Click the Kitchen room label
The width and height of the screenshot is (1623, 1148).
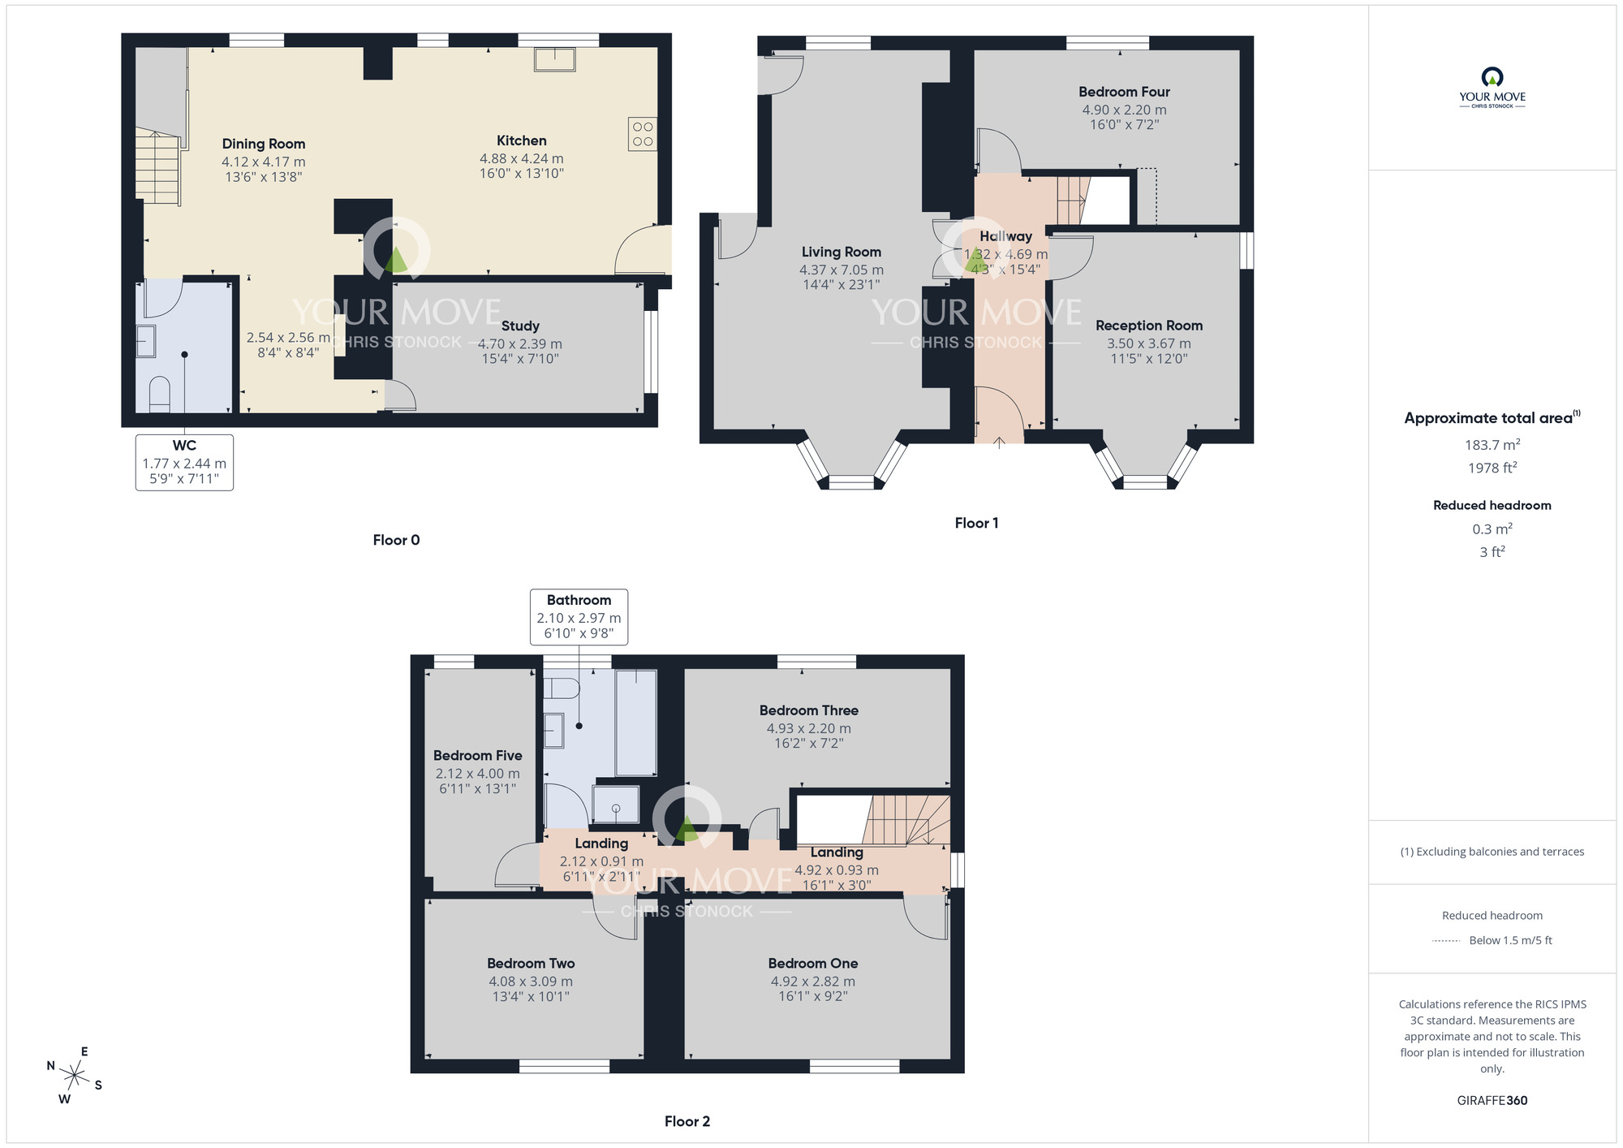point(521,140)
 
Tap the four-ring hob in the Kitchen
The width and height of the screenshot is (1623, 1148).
point(642,134)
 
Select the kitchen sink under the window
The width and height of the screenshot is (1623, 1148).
point(554,59)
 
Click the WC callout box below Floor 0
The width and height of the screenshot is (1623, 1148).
point(184,462)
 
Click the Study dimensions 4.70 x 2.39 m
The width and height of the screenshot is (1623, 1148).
point(519,343)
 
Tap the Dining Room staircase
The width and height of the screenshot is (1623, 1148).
point(157,169)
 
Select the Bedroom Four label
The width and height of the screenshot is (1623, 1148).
point(1124,92)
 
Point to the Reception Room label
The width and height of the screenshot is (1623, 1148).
point(1148,325)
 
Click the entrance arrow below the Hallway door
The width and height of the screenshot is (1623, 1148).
point(999,442)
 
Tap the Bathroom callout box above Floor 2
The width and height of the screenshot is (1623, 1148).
point(579,617)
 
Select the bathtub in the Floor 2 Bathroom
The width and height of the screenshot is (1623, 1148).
point(635,722)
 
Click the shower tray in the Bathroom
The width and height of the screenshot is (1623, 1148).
point(616,804)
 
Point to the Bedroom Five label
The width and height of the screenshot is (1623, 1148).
point(477,755)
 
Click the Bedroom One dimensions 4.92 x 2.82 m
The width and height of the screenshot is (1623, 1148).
point(812,981)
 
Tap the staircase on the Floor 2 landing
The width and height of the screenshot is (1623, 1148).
point(905,820)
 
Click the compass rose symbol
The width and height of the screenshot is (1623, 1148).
point(75,1077)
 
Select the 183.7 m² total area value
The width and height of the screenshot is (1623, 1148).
point(1492,445)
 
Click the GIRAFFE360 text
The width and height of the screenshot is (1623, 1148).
point(1492,1100)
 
